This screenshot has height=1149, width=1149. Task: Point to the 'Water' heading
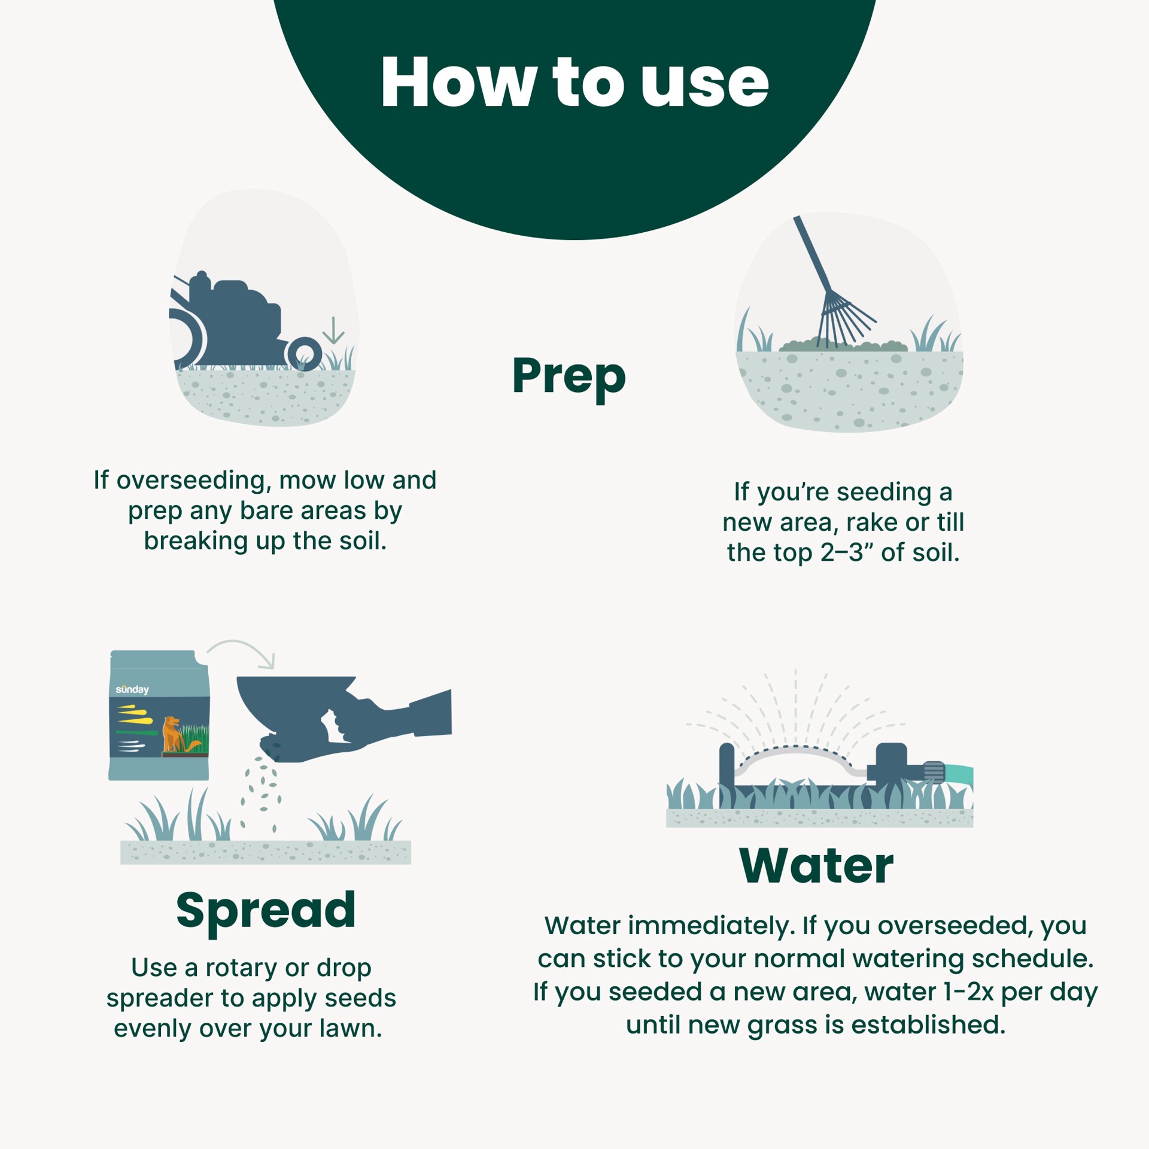tap(816, 866)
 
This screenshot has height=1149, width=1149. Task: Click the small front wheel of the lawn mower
tap(305, 354)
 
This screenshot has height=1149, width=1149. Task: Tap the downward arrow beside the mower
tap(333, 330)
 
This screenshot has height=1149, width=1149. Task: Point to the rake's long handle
tap(812, 254)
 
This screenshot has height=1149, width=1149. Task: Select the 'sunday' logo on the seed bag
tap(132, 689)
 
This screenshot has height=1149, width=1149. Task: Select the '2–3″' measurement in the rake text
tap(847, 553)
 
